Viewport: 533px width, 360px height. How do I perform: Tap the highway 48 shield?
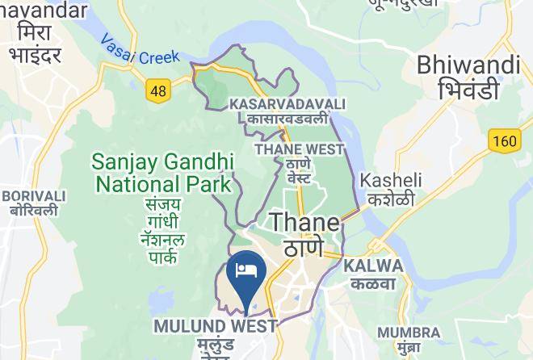point(158,90)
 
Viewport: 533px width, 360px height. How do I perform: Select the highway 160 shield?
point(503,141)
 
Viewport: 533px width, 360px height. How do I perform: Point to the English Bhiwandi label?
point(468,65)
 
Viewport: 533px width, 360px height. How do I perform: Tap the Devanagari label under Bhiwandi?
point(468,90)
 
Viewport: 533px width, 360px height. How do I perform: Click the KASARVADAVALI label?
point(287,104)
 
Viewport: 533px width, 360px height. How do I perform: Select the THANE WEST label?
point(300,149)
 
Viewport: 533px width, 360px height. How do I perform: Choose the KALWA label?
point(372,266)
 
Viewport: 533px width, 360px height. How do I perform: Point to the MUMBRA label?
point(409,332)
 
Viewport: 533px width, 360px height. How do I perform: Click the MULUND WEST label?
point(216,326)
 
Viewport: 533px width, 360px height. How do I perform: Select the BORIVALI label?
point(34,196)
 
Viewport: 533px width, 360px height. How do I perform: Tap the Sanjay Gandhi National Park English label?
point(163,172)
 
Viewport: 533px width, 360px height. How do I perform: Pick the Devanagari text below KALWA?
point(372,283)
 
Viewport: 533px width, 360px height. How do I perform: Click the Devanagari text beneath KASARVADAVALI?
point(287,119)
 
